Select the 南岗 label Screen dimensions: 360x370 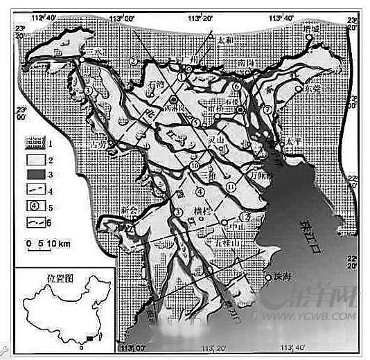click(x=247, y=62)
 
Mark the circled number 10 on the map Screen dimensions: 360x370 click(x=193, y=166)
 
